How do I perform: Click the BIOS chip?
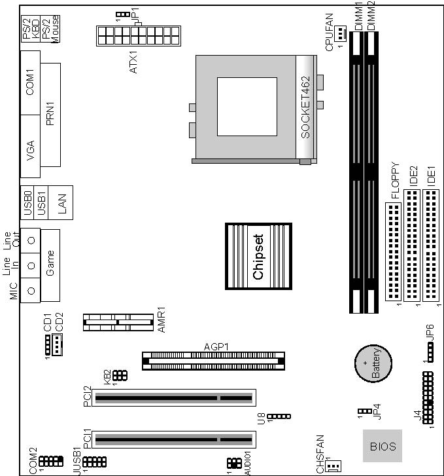coord(383,446)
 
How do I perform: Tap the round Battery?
coord(373,363)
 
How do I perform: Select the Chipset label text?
coord(258,257)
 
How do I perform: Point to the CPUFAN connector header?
coord(340,33)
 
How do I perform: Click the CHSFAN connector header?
coord(333,466)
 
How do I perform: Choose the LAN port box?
coord(61,202)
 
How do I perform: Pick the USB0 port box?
coord(27,202)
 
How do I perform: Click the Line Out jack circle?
coord(31,240)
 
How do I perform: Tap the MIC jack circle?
coord(31,291)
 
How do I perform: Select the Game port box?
coord(50,265)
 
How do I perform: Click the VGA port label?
coord(30,151)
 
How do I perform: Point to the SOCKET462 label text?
coord(305,107)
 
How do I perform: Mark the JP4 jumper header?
coord(365,411)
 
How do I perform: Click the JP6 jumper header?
coord(431,352)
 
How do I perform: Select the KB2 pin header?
coord(120,376)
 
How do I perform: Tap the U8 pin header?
coord(279,416)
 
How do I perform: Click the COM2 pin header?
coord(51,461)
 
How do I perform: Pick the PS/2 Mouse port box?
coord(50,28)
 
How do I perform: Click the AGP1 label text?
coord(216,346)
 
